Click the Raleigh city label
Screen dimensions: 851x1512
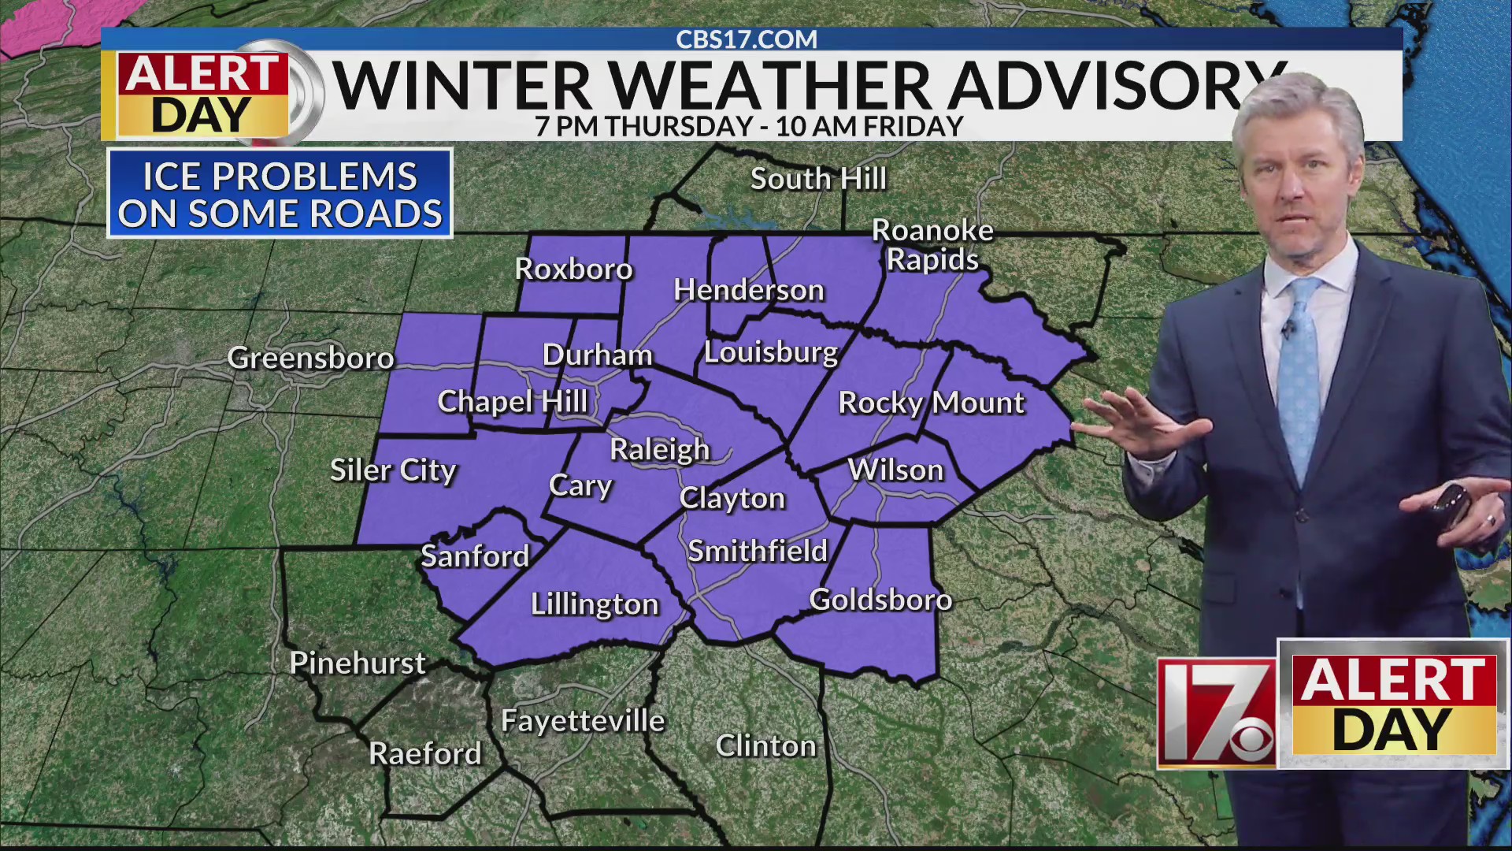point(660,450)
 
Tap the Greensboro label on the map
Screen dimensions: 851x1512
point(310,359)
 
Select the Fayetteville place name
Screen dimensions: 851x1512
point(583,721)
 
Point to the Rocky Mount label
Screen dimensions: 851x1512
point(931,403)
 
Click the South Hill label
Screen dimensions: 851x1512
point(818,179)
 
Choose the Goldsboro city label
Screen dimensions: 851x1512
point(880,600)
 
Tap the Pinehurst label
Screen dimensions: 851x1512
point(358,663)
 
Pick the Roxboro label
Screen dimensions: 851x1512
point(573,269)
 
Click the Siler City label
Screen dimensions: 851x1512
point(393,470)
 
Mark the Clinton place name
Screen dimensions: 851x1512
point(765,746)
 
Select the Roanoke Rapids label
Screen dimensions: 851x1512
point(932,244)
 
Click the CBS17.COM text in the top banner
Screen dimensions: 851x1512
point(747,39)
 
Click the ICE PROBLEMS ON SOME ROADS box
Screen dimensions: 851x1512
point(280,194)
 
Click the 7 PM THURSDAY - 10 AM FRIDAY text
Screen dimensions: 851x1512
point(748,126)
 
